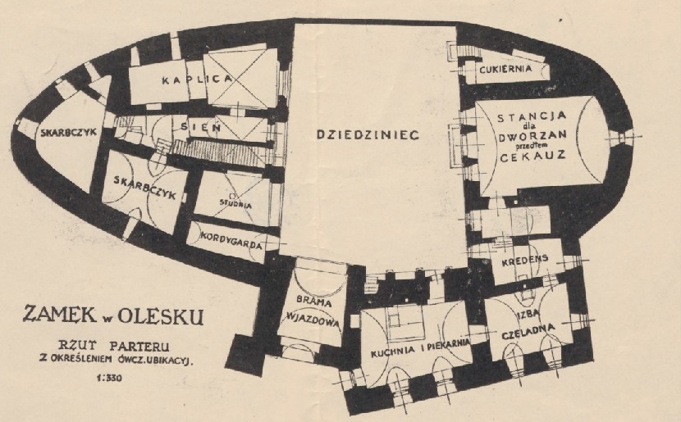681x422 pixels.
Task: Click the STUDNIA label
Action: click(x=235, y=203)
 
